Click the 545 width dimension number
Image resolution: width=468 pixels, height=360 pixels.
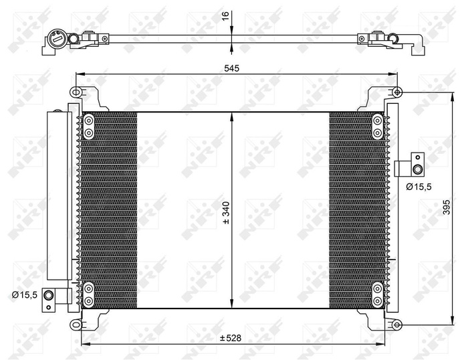231,68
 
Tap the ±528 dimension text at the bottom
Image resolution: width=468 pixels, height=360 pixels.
230,338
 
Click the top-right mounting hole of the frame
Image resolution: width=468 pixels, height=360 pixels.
397,92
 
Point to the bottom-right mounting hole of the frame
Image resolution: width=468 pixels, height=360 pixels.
396,325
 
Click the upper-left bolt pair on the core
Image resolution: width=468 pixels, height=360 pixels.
88,127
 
